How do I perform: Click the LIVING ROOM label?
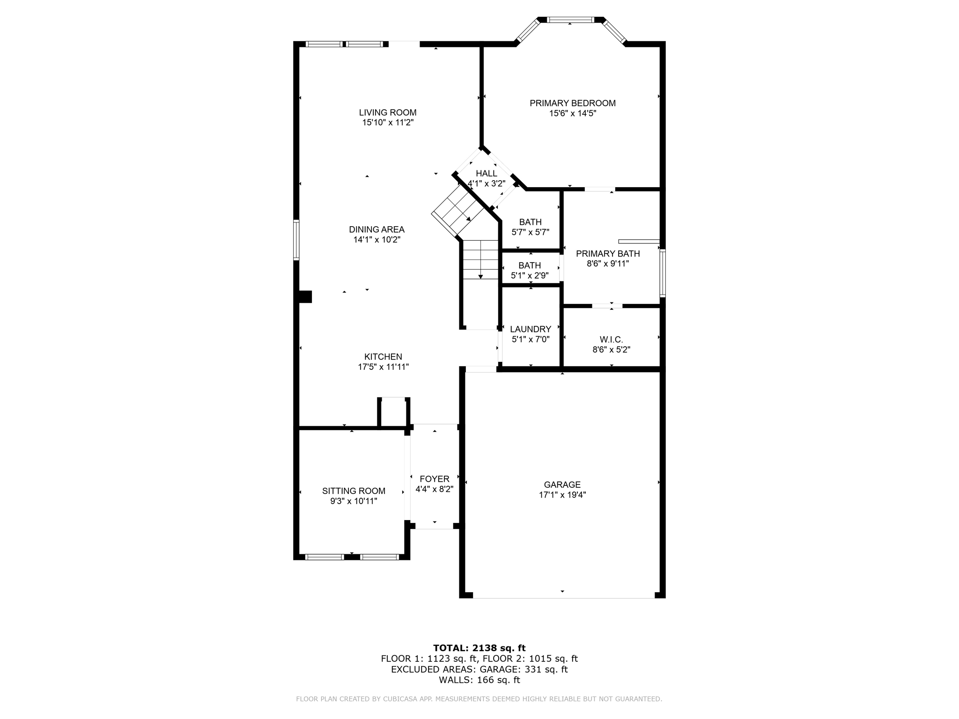click(x=388, y=112)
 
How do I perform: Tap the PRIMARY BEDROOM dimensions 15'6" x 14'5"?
click(x=572, y=113)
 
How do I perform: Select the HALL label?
click(x=487, y=174)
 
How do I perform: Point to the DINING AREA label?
click(x=376, y=229)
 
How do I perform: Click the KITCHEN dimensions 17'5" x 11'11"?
click(x=383, y=367)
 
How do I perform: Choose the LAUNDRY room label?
click(x=530, y=329)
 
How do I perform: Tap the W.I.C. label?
click(x=611, y=339)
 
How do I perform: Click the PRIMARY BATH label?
click(x=607, y=254)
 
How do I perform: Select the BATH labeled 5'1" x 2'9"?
click(x=530, y=265)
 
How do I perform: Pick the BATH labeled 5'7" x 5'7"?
click(x=530, y=222)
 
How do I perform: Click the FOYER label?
click(x=434, y=479)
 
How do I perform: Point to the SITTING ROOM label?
click(x=354, y=491)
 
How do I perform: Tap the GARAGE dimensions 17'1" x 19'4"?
click(x=562, y=495)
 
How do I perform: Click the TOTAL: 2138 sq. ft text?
click(x=479, y=648)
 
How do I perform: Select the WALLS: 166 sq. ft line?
click(x=479, y=680)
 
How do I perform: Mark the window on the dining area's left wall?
click(x=296, y=240)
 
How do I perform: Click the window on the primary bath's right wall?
click(x=663, y=273)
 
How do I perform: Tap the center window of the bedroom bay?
click(x=570, y=20)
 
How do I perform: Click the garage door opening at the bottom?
click(x=563, y=598)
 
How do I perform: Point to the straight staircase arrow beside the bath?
click(x=480, y=276)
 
